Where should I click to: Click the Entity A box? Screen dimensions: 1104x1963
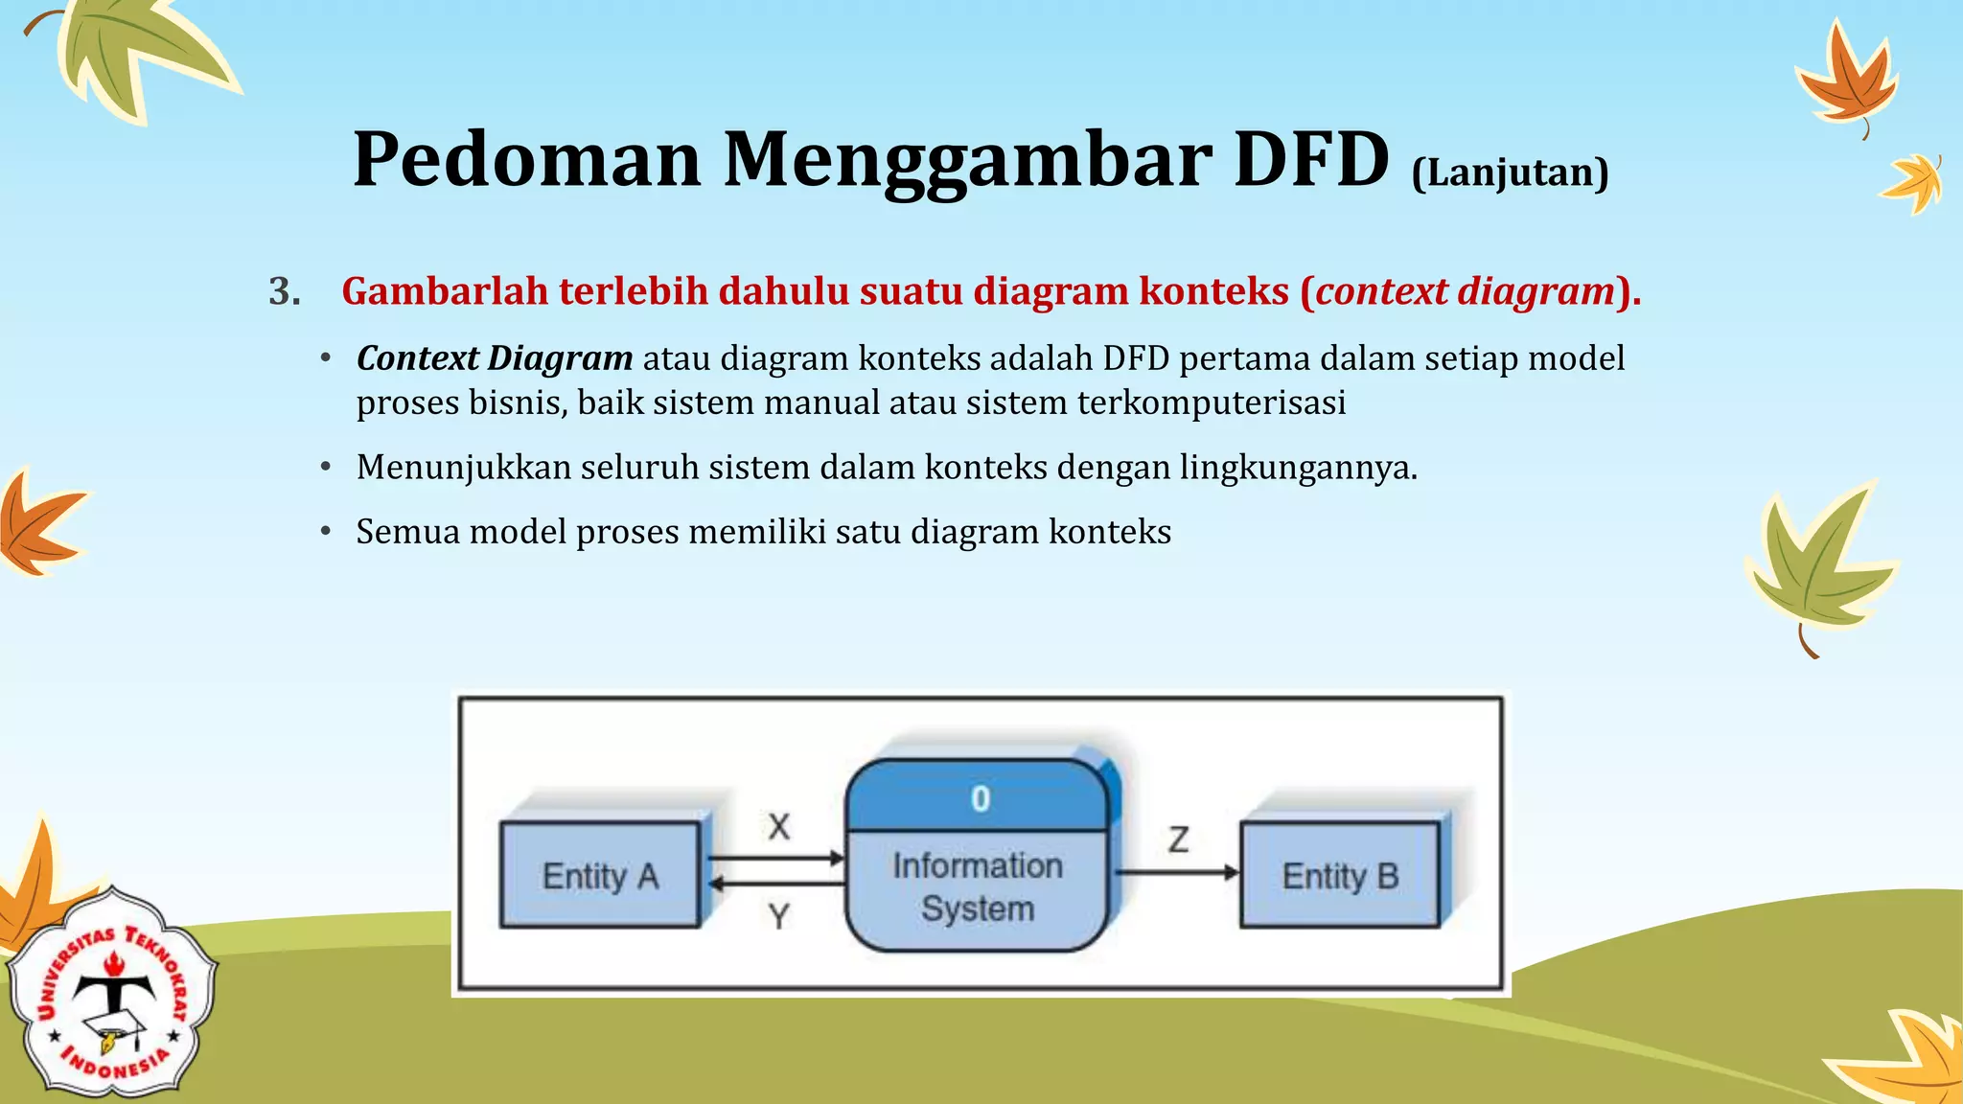pyautogui.click(x=600, y=875)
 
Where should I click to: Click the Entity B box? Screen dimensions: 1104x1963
pyautogui.click(x=1340, y=875)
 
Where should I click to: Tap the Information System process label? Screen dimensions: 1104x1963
pyautogui.click(x=978, y=887)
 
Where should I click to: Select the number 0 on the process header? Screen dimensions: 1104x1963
pyautogui.click(x=980, y=798)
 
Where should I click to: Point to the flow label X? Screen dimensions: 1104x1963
pyautogui.click(x=779, y=826)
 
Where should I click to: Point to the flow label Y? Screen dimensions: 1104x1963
pyautogui.click(x=779, y=917)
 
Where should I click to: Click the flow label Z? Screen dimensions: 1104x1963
pyautogui.click(x=1178, y=839)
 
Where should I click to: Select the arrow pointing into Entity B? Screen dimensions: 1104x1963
pyautogui.click(x=1179, y=872)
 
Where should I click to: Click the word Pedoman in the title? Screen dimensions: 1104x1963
pyautogui.click(x=526, y=159)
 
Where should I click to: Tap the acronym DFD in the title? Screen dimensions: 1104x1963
pyautogui.click(x=1310, y=159)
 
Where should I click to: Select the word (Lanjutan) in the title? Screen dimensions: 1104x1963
pyautogui.click(x=1510, y=172)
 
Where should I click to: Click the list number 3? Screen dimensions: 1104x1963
pyautogui.click(x=284, y=291)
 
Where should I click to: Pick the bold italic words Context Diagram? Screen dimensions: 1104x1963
pyautogui.click(x=494, y=358)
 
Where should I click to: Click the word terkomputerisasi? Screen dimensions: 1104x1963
pyautogui.click(x=1211, y=402)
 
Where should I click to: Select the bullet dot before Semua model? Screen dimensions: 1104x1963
pyautogui.click(x=326, y=532)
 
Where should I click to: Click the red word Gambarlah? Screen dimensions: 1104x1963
pyautogui.click(x=444, y=291)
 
